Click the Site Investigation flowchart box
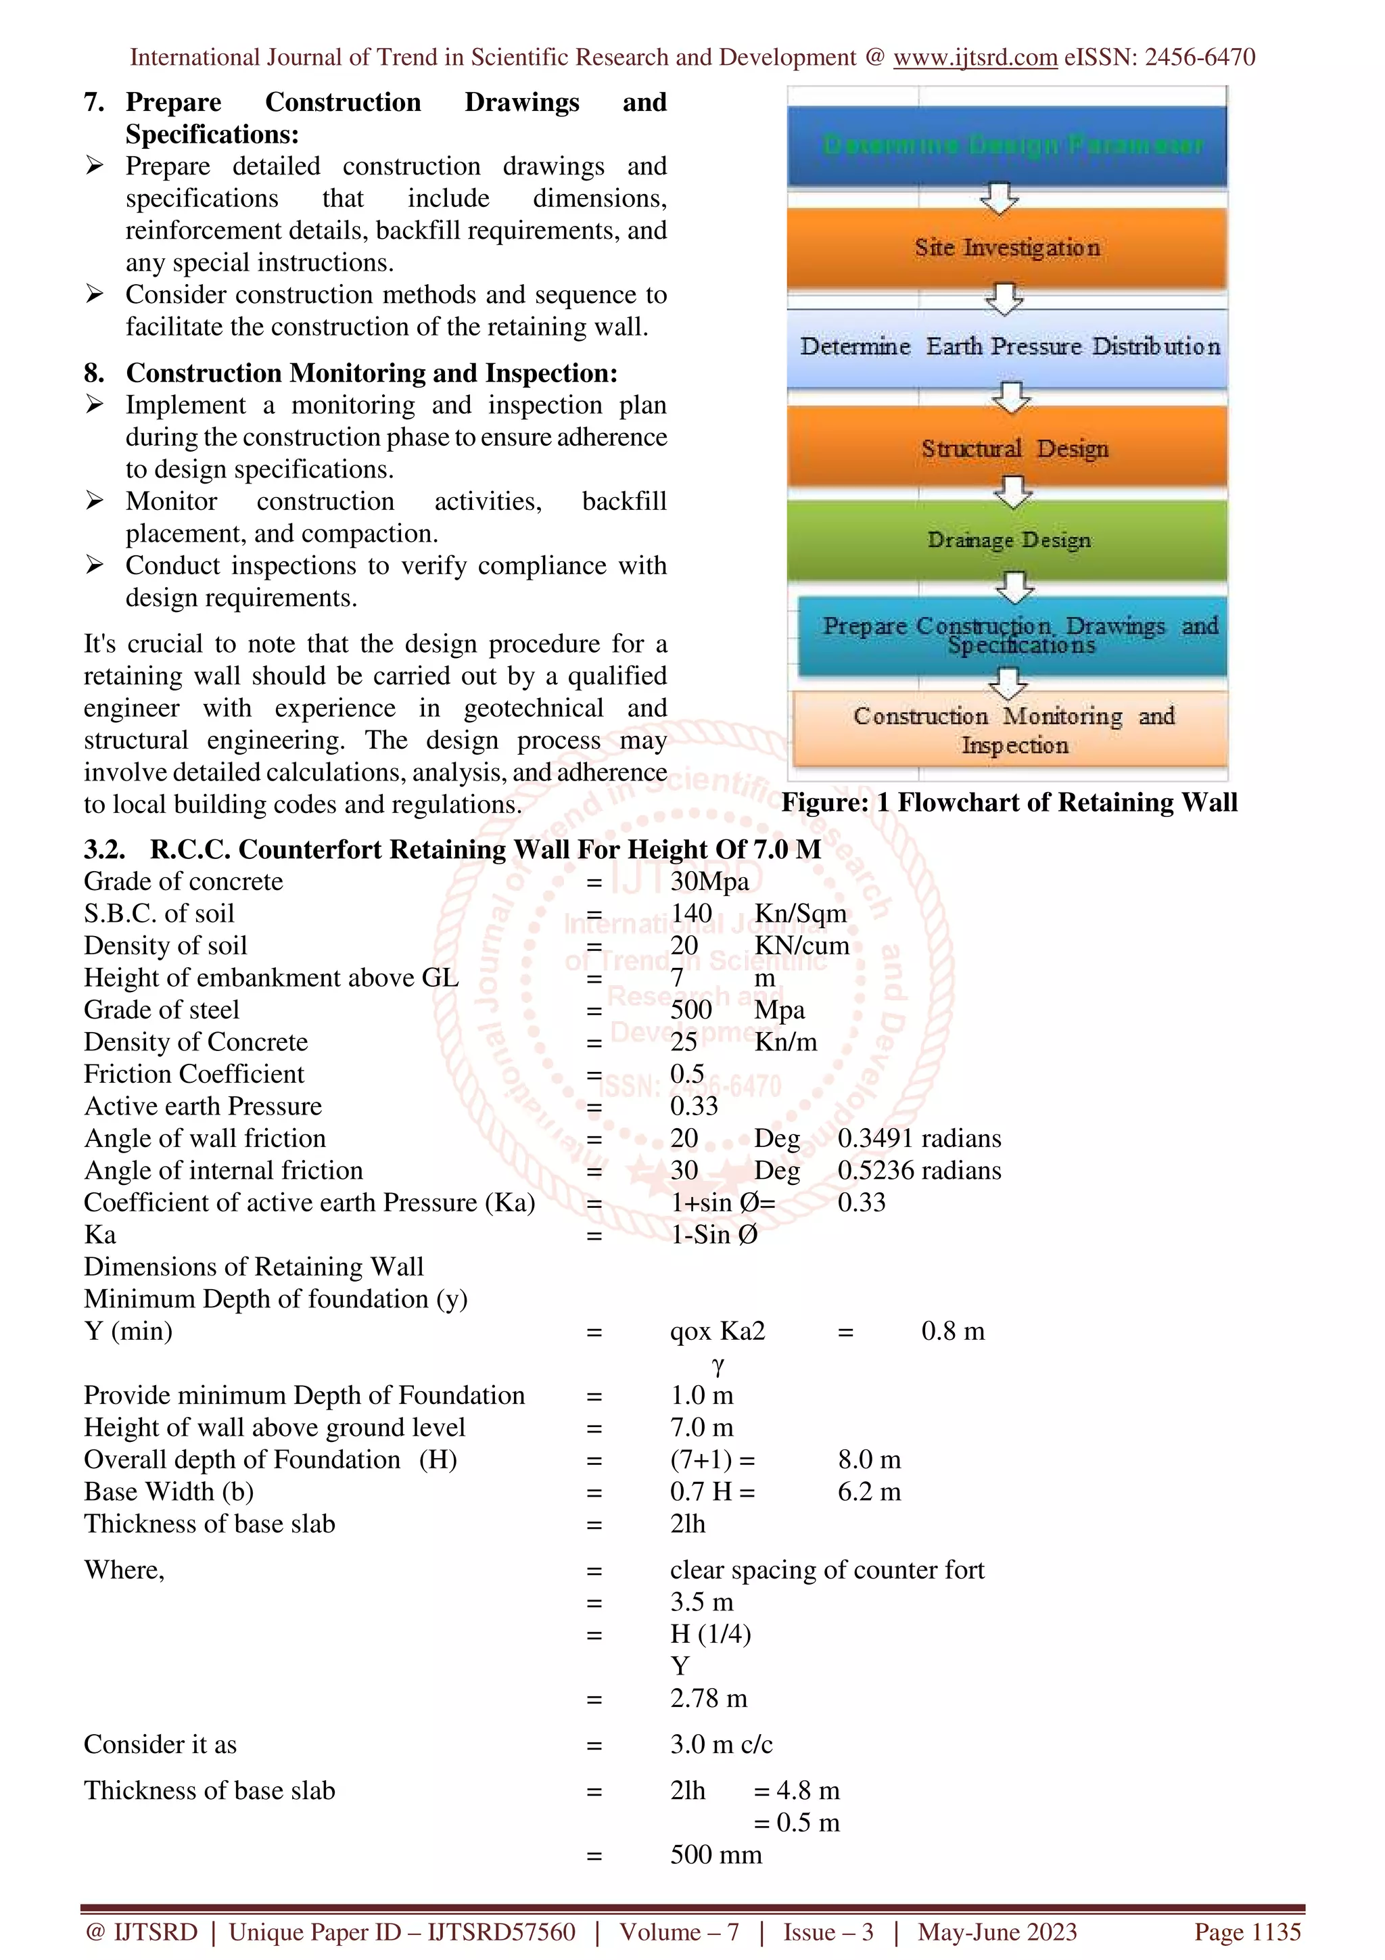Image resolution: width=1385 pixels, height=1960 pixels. pyautogui.click(x=1007, y=248)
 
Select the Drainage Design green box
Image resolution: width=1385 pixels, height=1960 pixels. pyautogui.click(x=1007, y=540)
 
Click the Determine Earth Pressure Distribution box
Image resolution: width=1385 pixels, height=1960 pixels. pyautogui.click(x=1007, y=346)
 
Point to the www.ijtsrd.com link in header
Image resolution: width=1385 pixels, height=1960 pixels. pyautogui.click(x=975, y=57)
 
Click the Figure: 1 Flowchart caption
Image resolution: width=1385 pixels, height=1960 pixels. pyautogui.click(x=1009, y=802)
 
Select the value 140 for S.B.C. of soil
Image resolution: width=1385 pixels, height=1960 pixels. pyautogui.click(x=690, y=914)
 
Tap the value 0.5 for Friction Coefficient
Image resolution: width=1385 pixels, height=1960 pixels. pyautogui.click(x=686, y=1074)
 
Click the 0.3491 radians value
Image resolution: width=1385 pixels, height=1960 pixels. pyautogui.click(x=919, y=1138)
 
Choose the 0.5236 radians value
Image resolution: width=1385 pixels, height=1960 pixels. pyautogui.click(x=919, y=1170)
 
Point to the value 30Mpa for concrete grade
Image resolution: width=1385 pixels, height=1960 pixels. pyautogui.click(x=709, y=881)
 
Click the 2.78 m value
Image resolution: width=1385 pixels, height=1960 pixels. pyautogui.click(x=707, y=1698)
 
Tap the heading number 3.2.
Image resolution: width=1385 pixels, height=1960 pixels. pyautogui.click(x=104, y=849)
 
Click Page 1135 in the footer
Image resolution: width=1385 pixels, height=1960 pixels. pyautogui.click(x=1247, y=1932)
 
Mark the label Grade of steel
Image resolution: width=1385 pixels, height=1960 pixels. pyautogui.click(x=161, y=1010)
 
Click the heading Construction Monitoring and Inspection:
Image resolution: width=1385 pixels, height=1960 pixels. pyautogui.click(x=371, y=373)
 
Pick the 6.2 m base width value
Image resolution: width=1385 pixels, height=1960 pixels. pyautogui.click(x=869, y=1491)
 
